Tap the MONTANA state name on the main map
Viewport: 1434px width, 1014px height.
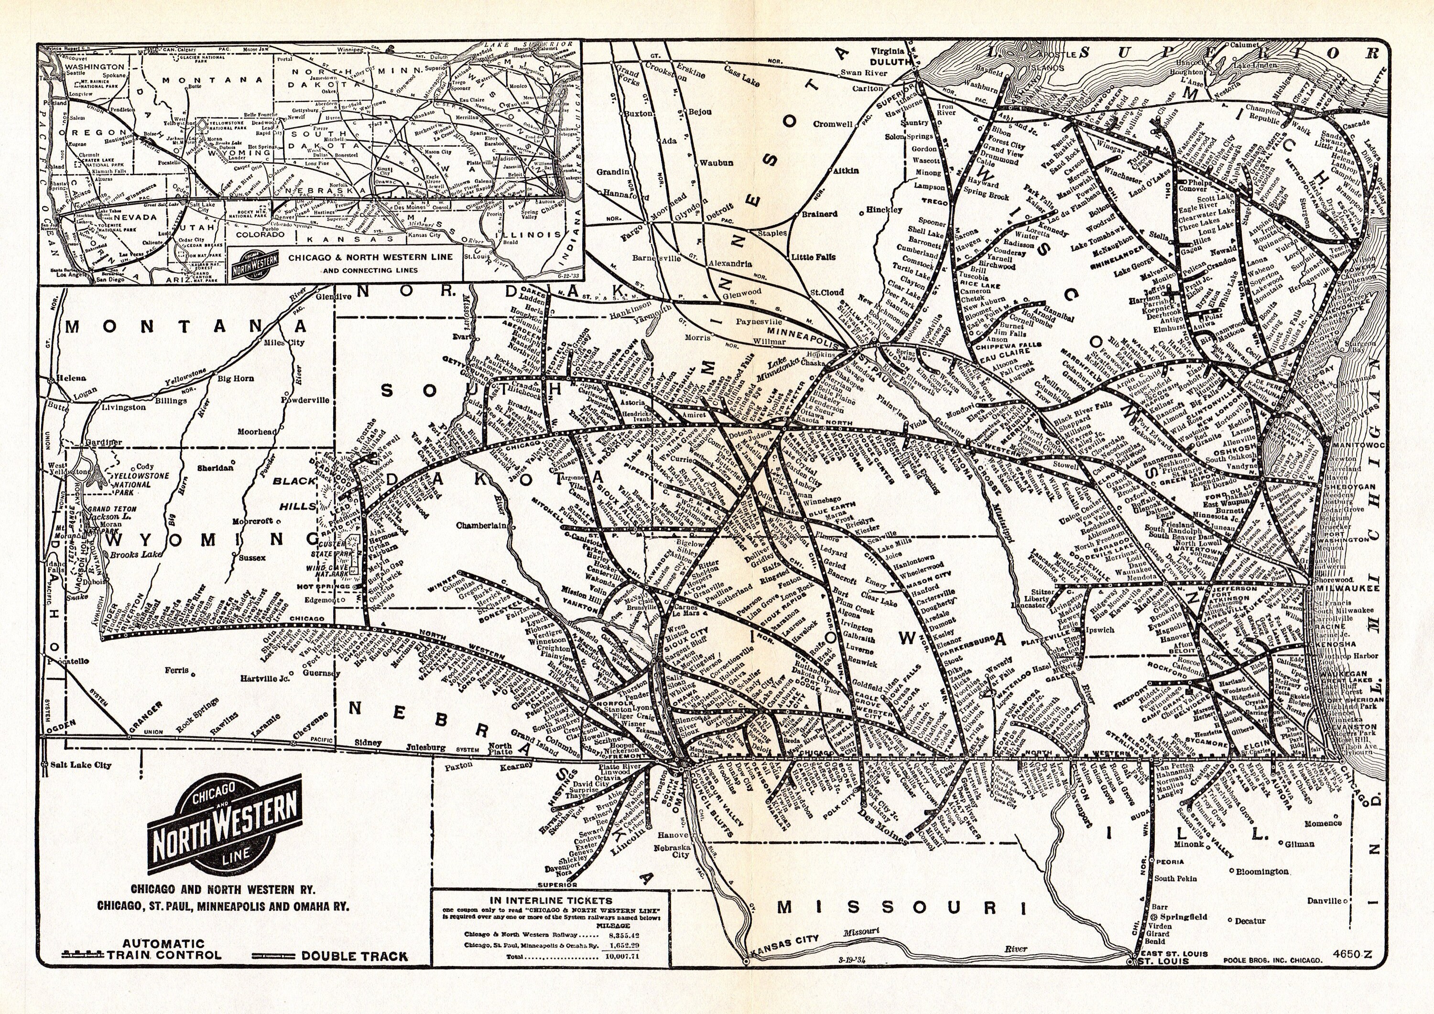[187, 326]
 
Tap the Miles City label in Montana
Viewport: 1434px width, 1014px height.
[284, 343]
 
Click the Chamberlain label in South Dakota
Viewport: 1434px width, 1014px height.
[481, 525]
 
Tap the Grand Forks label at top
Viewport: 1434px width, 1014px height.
[627, 78]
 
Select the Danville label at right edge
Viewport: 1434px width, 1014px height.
[1324, 900]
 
